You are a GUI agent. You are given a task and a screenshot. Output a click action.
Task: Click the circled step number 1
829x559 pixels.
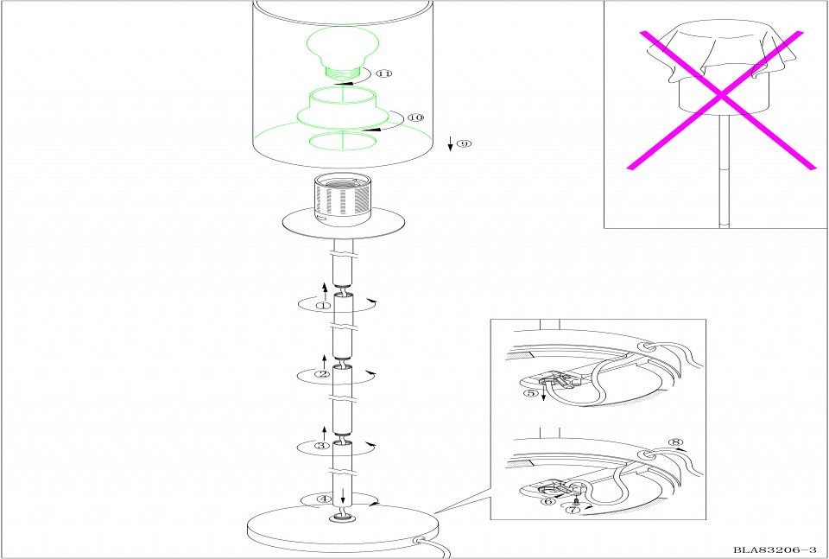[x=323, y=306]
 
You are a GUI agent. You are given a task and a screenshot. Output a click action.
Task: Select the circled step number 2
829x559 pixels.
[x=322, y=374]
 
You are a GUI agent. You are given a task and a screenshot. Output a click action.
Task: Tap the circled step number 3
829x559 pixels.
[x=322, y=446]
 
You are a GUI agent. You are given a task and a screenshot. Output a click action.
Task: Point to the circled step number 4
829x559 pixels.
[x=324, y=499]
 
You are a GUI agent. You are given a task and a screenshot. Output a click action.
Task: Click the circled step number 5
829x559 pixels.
[x=530, y=393]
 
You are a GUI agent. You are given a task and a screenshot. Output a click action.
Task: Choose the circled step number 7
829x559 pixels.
[x=573, y=509]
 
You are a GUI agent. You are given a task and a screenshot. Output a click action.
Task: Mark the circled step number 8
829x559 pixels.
[x=675, y=442]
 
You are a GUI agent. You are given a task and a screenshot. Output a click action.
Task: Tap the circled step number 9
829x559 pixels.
[x=464, y=143]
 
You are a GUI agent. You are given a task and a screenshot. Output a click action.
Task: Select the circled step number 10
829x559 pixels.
[x=416, y=118]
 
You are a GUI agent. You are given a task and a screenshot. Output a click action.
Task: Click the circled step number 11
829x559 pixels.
[x=384, y=73]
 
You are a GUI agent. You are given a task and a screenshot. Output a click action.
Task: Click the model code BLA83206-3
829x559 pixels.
[x=775, y=550]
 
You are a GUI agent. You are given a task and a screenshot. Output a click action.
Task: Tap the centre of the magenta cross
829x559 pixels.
[x=721, y=96]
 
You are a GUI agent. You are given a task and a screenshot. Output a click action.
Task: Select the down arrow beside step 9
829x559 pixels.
[x=451, y=143]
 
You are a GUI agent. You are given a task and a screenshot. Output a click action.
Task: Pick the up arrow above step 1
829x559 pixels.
[x=325, y=291]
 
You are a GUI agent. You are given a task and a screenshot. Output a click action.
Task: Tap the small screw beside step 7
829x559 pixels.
[x=575, y=500]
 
